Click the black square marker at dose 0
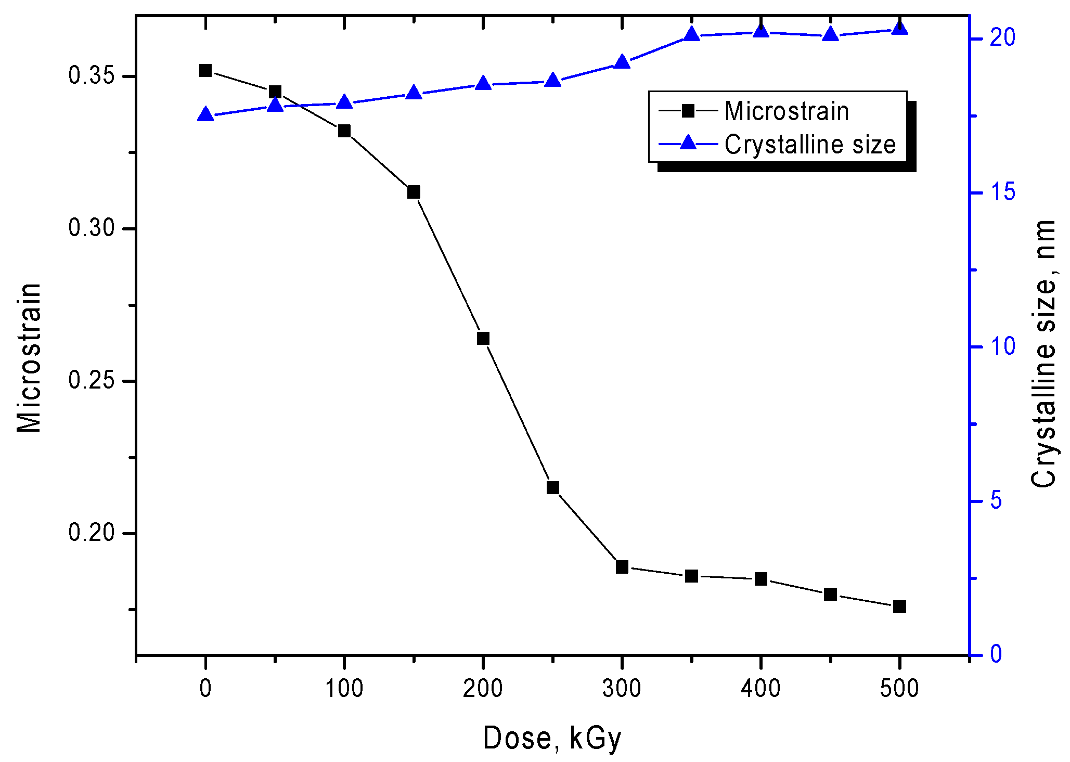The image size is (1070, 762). coord(205,70)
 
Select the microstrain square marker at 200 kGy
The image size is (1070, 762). coord(483,339)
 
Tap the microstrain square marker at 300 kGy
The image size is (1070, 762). coord(622,567)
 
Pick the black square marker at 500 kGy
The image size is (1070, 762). coord(899,606)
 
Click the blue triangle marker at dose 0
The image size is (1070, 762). coord(205,115)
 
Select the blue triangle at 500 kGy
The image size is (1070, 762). coord(899,28)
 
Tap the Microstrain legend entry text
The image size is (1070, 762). coord(787,111)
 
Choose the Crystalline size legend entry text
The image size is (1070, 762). coord(810,145)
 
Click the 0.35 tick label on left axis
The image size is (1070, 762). coord(91,76)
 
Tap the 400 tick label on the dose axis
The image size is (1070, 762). coord(760,689)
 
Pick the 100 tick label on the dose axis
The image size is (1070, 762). coord(344,689)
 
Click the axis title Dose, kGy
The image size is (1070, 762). coord(552,738)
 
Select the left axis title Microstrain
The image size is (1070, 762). coord(29,358)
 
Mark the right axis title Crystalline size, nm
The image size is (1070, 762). coord(1042,354)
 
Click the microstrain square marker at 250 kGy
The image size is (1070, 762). coord(552,487)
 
